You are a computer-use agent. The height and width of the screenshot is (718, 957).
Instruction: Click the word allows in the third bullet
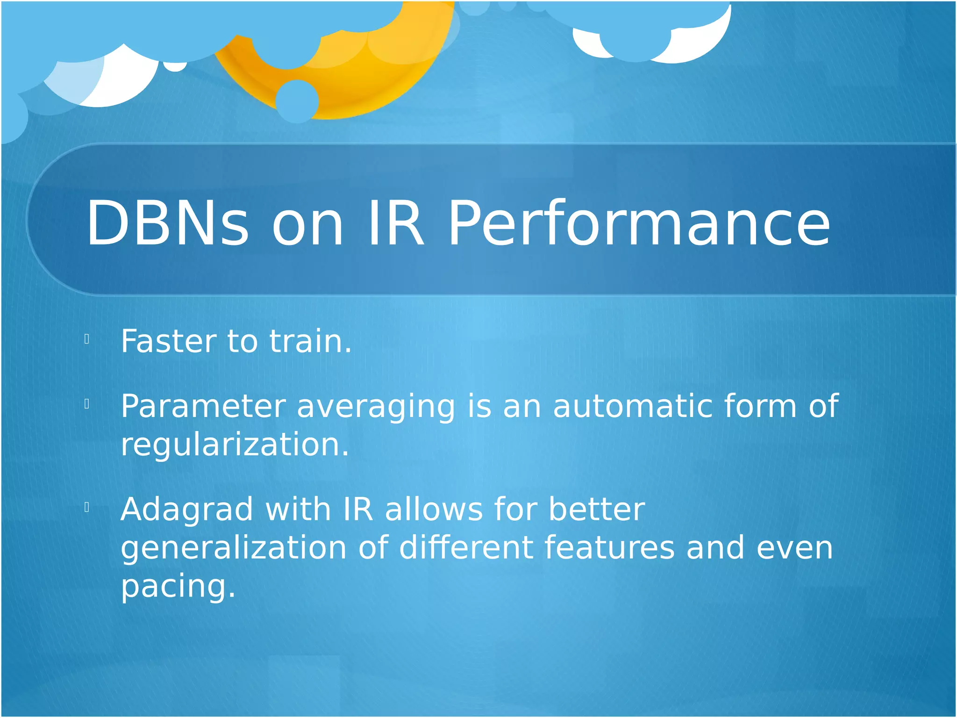pyautogui.click(x=434, y=509)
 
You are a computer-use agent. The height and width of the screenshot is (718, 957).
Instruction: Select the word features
pyautogui.click(x=609, y=547)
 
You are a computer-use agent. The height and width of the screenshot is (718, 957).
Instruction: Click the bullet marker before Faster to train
pyautogui.click(x=87, y=339)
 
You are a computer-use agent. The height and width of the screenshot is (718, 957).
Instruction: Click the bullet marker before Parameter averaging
pyautogui.click(x=87, y=404)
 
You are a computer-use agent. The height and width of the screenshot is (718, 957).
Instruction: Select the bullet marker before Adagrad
pyautogui.click(x=87, y=507)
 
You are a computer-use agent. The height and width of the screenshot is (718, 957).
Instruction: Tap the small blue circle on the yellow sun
pyautogui.click(x=297, y=101)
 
